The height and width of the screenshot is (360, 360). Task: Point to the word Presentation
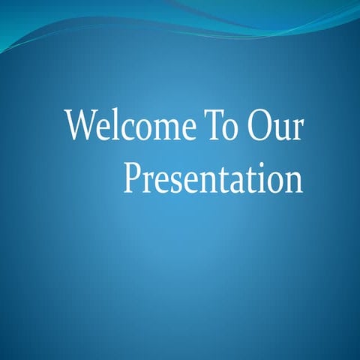(x=213, y=178)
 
